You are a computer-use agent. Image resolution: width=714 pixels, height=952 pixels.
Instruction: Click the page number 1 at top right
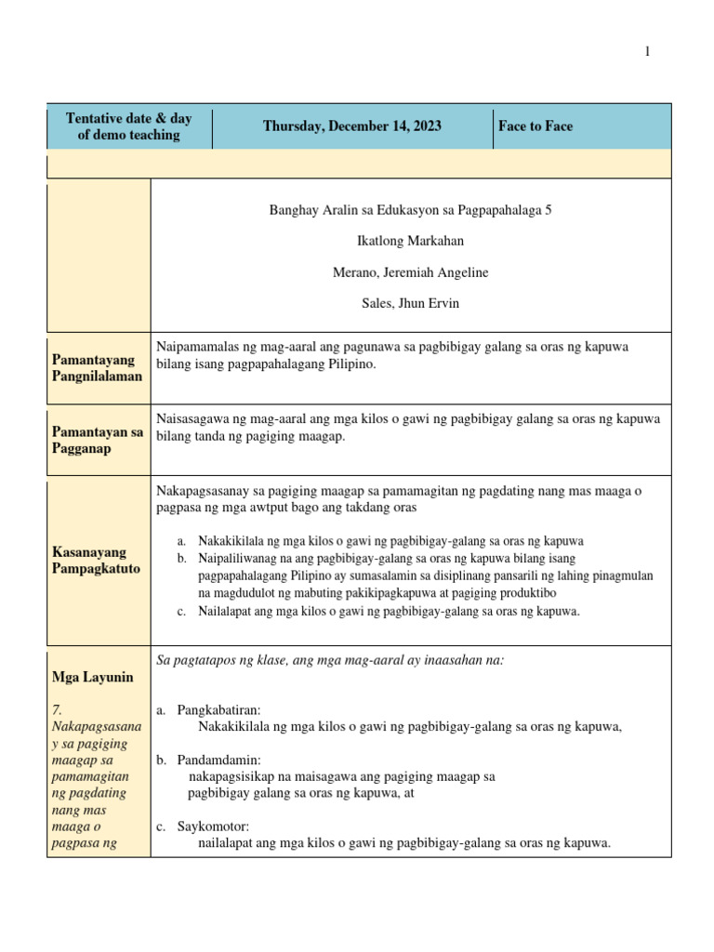(648, 52)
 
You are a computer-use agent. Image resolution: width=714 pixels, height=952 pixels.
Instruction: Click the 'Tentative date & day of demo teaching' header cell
(129, 126)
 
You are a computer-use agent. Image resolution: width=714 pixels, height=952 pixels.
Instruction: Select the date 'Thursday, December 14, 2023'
(352, 126)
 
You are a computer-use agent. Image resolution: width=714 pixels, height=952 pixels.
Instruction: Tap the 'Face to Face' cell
(535, 126)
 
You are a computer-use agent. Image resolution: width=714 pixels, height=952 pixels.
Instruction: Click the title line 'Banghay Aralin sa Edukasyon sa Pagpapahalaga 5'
(410, 210)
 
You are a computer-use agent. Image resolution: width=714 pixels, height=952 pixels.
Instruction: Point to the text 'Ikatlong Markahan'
(410, 241)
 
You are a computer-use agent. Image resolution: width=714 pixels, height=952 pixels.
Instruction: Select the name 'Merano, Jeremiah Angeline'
(410, 272)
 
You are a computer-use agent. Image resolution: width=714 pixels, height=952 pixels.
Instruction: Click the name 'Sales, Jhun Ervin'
(410, 303)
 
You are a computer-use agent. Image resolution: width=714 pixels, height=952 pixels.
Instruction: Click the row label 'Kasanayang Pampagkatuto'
(96, 560)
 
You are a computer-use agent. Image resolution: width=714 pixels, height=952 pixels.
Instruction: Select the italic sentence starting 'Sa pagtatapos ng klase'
(331, 660)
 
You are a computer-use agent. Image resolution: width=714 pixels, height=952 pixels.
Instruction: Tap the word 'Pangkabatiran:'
(219, 710)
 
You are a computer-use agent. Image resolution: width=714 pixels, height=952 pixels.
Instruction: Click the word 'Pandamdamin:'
(219, 760)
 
